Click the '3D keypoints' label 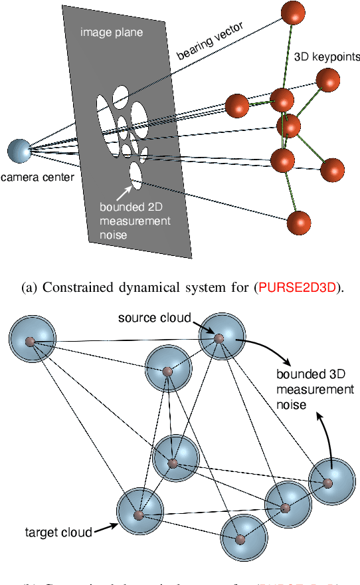tap(323, 57)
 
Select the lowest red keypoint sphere tap(299, 222)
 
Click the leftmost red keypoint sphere tap(237, 105)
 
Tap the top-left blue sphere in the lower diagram tap(30, 342)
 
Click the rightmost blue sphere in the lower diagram tap(330, 482)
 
